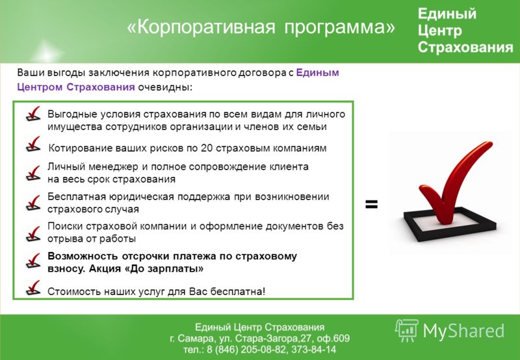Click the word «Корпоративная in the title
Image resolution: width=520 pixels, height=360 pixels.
point(201,27)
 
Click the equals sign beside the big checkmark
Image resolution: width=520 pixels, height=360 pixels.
point(371,204)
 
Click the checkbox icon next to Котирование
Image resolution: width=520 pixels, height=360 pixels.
point(33,144)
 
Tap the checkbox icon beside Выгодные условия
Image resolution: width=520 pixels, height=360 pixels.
point(33,114)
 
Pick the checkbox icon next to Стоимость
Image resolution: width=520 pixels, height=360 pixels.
point(33,288)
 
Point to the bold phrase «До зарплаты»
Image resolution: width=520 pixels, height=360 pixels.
point(164,268)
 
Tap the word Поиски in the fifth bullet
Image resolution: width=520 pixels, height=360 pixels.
point(65,226)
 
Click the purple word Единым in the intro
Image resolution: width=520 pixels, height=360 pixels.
point(317,73)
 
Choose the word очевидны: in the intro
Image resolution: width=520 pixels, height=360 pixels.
point(165,87)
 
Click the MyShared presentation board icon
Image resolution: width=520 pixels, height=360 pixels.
point(407,330)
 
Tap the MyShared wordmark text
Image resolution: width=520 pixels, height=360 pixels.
point(463,331)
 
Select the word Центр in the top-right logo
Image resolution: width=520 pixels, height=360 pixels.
point(439,31)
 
